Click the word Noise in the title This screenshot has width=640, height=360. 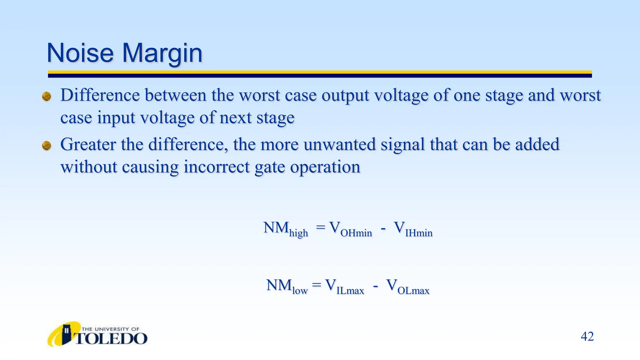80,53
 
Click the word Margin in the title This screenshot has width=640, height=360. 162,53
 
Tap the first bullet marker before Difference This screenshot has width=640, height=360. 47,96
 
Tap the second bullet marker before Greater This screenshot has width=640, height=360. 47,146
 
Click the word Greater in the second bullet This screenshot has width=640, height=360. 88,145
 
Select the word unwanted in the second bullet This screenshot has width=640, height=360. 339,145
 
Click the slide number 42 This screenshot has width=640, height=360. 587,337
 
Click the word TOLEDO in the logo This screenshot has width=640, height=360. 111,339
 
